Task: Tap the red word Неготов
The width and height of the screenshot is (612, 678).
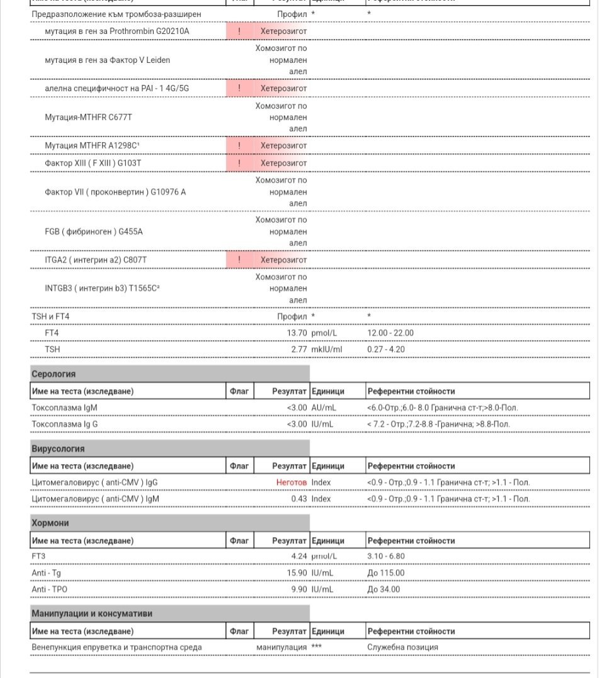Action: click(291, 482)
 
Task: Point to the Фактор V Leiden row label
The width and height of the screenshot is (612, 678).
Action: click(107, 60)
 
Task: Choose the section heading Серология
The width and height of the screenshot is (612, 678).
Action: click(54, 374)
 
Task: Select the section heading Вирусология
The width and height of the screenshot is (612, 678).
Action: click(58, 448)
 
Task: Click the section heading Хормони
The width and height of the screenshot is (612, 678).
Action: click(50, 523)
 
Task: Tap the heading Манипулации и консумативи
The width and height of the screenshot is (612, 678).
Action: click(92, 613)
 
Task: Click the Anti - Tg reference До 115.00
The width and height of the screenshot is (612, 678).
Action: click(386, 573)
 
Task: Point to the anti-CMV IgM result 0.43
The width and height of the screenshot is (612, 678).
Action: click(298, 499)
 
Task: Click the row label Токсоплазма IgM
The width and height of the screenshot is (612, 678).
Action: click(64, 408)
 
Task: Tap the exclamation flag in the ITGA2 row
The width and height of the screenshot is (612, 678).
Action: click(239, 260)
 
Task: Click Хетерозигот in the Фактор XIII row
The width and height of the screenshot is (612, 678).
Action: click(283, 163)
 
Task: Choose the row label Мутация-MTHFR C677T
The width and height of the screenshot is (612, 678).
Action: click(88, 117)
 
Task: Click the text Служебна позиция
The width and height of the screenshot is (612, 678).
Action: click(402, 647)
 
